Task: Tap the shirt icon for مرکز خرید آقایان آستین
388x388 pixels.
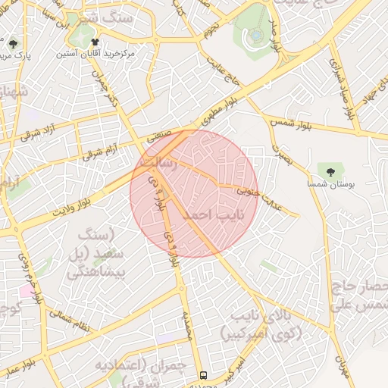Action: [95, 42]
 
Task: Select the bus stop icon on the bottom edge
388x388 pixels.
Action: [203, 375]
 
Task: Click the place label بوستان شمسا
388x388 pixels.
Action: [330, 184]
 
